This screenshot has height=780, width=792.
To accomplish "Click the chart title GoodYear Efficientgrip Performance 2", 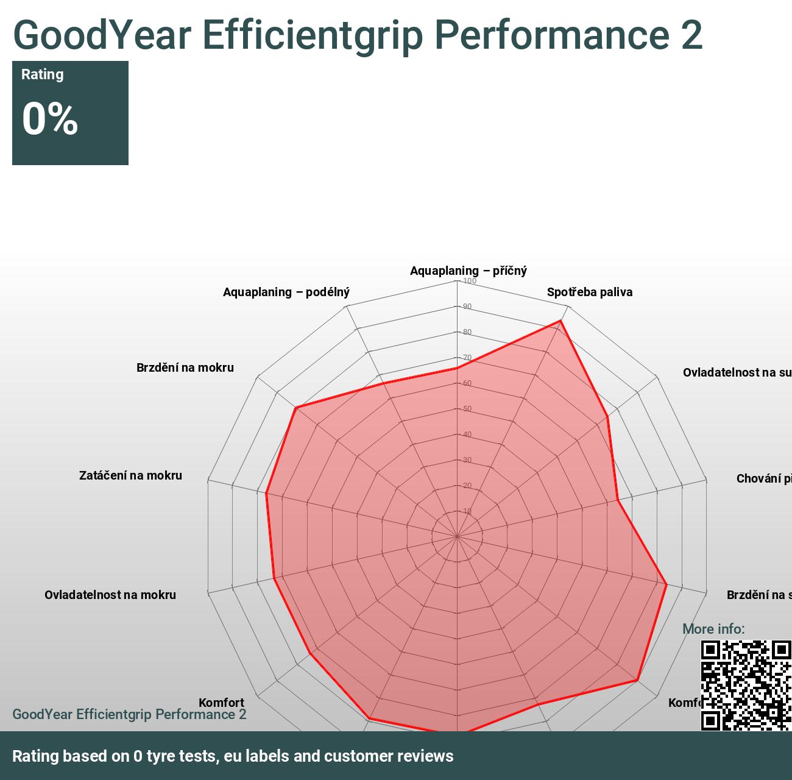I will (x=358, y=35).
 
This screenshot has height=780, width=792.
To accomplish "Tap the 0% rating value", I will (x=50, y=118).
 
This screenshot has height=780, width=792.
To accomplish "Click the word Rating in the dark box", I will (x=43, y=74).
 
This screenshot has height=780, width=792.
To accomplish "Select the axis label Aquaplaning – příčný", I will (x=468, y=271).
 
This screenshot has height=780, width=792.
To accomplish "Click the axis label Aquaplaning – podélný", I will (x=286, y=292).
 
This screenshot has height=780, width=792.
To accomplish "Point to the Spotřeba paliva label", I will (x=589, y=292).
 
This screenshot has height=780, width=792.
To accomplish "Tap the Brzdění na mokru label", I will (x=185, y=367).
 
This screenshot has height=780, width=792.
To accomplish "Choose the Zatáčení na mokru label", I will (x=130, y=475).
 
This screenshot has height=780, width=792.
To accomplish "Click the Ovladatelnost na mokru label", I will (x=110, y=595).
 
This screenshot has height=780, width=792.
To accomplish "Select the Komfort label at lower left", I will (x=221, y=703).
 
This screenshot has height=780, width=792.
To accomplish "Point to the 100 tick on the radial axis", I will (x=470, y=281).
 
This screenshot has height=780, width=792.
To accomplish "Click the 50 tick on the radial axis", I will (x=467, y=409).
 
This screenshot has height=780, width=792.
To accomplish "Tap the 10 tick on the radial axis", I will (x=467, y=511).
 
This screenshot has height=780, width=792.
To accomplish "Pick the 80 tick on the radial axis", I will (x=467, y=332).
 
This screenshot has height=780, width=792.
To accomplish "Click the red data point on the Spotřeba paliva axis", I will (x=560, y=321).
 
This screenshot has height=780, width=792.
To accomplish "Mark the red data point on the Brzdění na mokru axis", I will (x=295, y=408).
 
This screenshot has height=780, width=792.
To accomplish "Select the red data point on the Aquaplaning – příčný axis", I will (x=457, y=368).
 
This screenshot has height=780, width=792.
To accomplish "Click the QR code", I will (x=746, y=685).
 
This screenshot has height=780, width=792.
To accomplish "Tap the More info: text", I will (x=713, y=629).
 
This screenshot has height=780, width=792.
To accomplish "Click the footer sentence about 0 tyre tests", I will (x=233, y=756).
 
